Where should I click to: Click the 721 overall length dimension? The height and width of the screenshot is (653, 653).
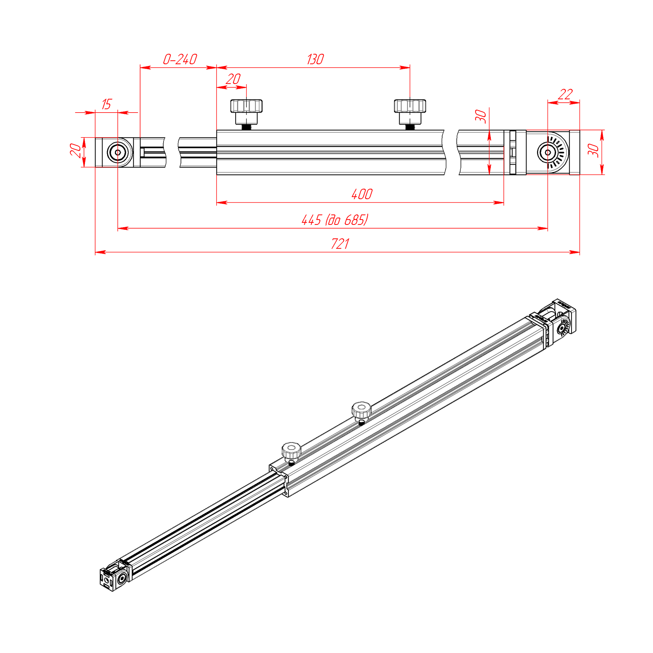click(340, 244)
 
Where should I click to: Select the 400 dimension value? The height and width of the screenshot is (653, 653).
click(362, 194)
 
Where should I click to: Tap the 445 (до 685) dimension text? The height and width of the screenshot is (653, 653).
click(335, 220)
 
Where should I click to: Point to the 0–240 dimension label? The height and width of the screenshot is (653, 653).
click(180, 59)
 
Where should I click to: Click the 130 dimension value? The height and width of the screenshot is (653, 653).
click(315, 59)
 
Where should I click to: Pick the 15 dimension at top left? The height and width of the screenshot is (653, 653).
click(106, 104)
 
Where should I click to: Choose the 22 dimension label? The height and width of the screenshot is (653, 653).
click(565, 94)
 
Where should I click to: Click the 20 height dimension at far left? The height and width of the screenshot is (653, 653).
click(76, 150)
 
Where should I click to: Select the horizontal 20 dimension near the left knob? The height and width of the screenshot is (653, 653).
click(233, 79)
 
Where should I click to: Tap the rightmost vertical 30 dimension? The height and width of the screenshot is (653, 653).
click(593, 150)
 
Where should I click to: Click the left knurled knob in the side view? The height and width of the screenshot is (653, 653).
click(246, 112)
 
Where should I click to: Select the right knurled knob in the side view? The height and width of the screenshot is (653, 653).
click(410, 112)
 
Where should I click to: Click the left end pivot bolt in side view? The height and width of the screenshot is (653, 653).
click(118, 152)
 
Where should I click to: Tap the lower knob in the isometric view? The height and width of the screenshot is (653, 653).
click(291, 452)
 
